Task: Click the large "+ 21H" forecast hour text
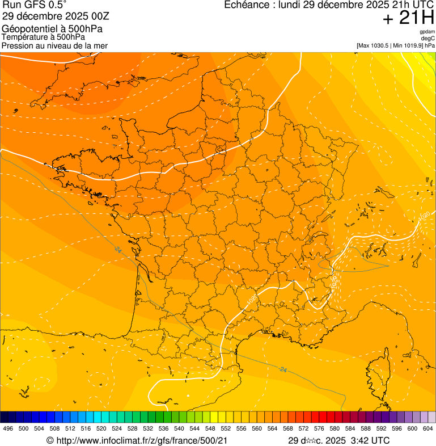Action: [x=408, y=18]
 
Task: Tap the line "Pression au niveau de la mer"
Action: [x=54, y=45]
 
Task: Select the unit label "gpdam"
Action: [x=427, y=32]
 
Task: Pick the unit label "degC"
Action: [x=429, y=38]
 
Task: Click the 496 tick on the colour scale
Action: [x=8, y=429]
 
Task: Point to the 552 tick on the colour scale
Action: [x=226, y=429]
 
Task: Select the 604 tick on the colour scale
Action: [x=427, y=429]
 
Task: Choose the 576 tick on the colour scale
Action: [x=319, y=429]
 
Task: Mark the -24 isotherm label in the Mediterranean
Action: [x=283, y=369]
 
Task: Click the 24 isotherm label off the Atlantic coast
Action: [x=118, y=250]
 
